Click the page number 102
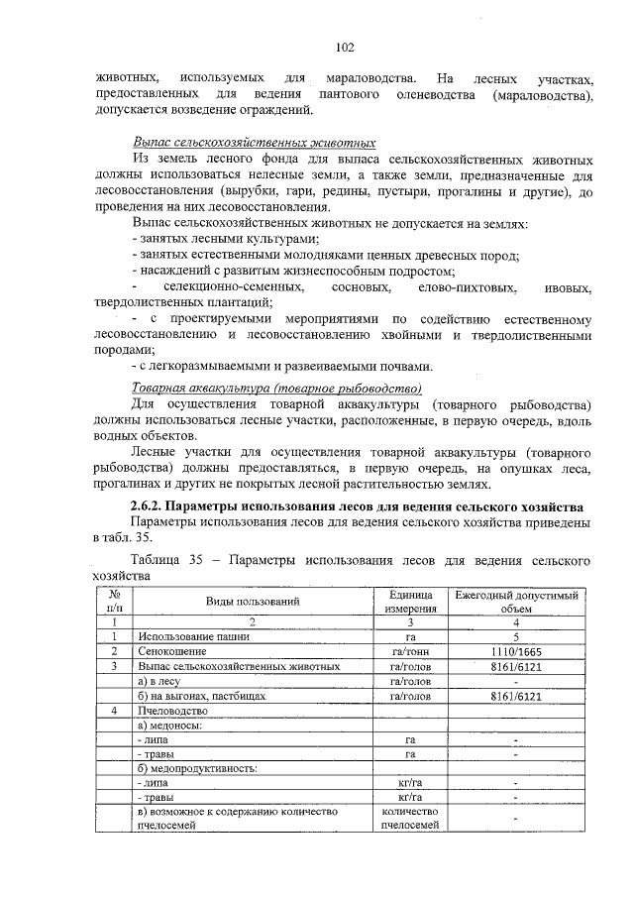click(x=345, y=48)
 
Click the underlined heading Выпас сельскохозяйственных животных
click(x=254, y=143)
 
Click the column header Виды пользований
click(x=253, y=601)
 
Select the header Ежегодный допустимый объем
click(x=516, y=601)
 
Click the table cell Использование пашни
click(x=193, y=636)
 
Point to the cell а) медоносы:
click(x=170, y=726)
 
